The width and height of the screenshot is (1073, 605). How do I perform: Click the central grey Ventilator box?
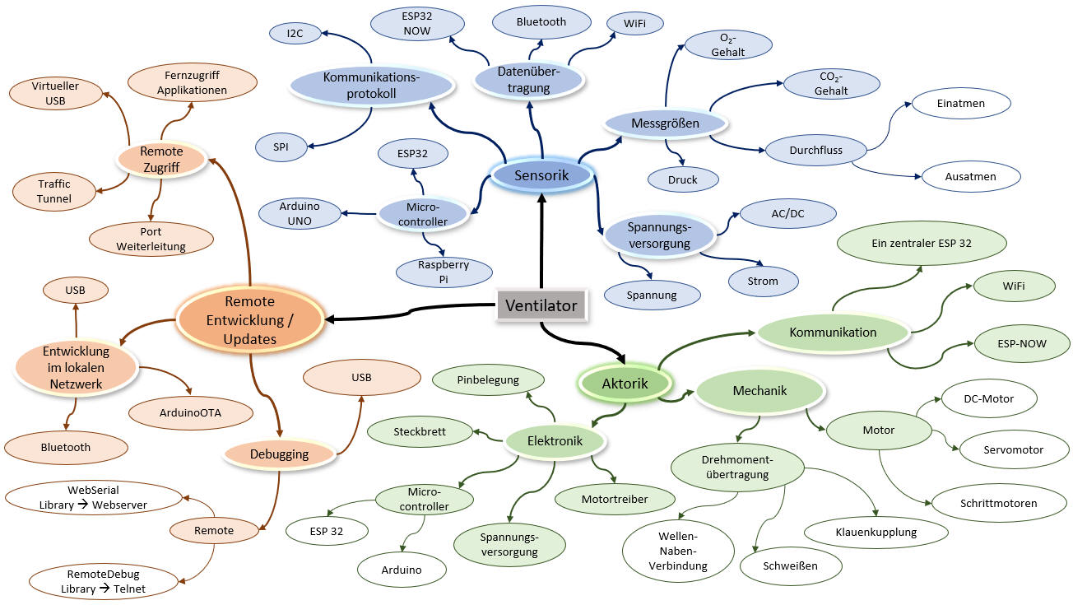pyautogui.click(x=541, y=305)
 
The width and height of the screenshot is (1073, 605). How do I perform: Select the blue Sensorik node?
pyautogui.click(x=541, y=175)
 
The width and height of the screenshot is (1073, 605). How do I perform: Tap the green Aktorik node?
pyautogui.click(x=625, y=384)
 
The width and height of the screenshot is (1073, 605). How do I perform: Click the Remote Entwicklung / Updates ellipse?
pyautogui.click(x=249, y=320)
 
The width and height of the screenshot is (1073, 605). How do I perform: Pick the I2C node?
pyautogui.click(x=295, y=33)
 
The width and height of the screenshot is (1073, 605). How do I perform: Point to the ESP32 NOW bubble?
pyautogui.click(x=417, y=24)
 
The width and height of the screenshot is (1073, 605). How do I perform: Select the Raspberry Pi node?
pyautogui.click(x=444, y=272)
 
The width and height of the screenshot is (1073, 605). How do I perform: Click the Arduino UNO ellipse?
pyautogui.click(x=300, y=214)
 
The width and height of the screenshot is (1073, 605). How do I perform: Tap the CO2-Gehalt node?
pyautogui.click(x=831, y=84)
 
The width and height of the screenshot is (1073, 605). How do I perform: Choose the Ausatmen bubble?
pyautogui.click(x=970, y=176)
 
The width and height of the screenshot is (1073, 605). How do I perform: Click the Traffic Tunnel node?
pyautogui.click(x=54, y=191)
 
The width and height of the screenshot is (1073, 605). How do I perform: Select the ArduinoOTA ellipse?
pyautogui.click(x=191, y=413)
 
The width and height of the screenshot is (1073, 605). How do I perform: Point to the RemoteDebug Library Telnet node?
pyautogui.click(x=104, y=581)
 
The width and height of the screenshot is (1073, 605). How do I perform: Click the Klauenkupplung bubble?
pyautogui.click(x=876, y=533)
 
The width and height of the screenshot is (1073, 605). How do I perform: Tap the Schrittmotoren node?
pyautogui.click(x=999, y=503)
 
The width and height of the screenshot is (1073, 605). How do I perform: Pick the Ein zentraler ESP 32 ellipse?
pyautogui.click(x=922, y=243)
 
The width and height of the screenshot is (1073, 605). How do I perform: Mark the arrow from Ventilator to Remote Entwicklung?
pyautogui.click(x=410, y=311)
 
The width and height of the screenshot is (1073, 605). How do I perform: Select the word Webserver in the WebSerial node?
pyautogui.click(x=119, y=505)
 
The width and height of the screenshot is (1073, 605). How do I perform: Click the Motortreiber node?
pyautogui.click(x=615, y=499)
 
